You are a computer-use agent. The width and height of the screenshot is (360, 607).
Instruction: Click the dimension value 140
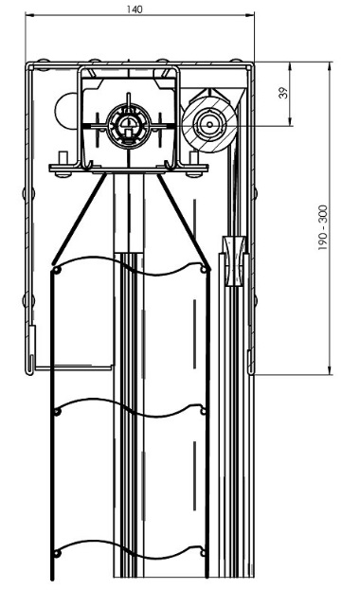point(135,9)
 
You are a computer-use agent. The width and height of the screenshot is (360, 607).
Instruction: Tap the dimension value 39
point(284,93)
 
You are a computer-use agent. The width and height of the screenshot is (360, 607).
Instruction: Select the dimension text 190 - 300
point(323,227)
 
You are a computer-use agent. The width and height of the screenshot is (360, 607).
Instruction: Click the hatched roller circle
point(209,124)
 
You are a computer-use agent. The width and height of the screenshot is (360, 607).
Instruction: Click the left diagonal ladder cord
point(80,220)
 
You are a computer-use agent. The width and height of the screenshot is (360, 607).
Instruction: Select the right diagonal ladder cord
point(184,221)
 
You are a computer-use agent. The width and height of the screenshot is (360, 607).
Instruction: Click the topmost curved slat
point(130,266)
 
